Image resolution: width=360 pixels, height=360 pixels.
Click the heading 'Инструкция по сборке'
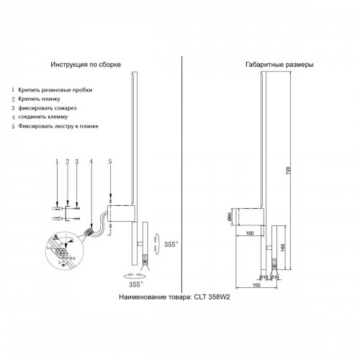86,65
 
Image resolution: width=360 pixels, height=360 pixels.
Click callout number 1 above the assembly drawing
56,163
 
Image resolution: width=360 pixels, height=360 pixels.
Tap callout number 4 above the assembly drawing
91,163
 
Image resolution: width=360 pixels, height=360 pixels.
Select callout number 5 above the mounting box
110,163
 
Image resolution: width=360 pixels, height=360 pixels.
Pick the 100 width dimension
248,233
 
